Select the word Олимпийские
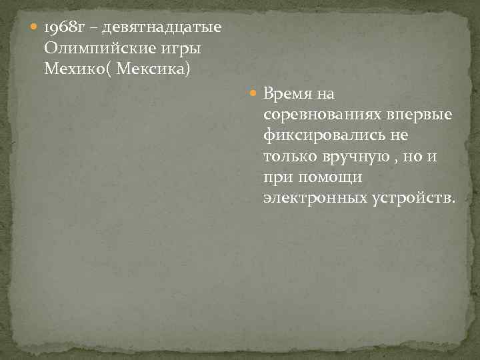coord(97,49)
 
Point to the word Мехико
coord(73,69)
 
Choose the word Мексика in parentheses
coord(153,69)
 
